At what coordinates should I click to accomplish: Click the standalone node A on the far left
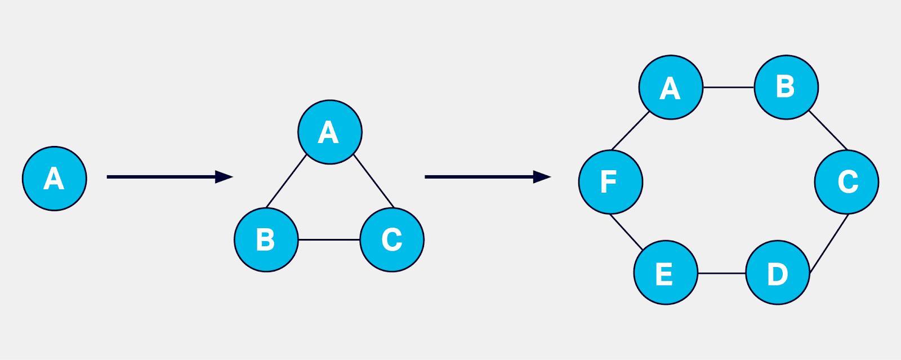pos(55,179)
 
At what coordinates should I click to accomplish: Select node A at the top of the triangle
pos(330,132)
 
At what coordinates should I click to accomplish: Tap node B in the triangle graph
pos(266,240)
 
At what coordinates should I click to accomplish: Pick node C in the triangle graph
pos(392,240)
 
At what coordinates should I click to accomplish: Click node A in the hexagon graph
pos(671,87)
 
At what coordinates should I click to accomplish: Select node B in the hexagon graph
pos(786,87)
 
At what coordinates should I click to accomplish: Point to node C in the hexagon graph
pos(846,182)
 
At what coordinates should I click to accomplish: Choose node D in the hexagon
pos(778,273)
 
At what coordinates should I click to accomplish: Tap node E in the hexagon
pos(666,273)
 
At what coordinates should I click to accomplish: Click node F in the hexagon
pos(610,182)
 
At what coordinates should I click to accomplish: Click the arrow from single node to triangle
pos(169,177)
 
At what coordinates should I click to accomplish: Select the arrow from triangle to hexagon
pos(487,177)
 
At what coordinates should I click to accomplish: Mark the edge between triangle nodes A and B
pos(287,181)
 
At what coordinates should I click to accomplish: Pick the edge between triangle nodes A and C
pos(374,181)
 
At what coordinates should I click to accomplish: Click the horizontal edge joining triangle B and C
pos(329,240)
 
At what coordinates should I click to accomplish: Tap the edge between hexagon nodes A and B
pos(729,87)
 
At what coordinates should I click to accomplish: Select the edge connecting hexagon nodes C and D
pos(829,244)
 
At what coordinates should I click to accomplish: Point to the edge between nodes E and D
pos(722,273)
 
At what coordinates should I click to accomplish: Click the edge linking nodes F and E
pos(626,232)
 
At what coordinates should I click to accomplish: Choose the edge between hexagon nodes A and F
pos(631,131)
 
